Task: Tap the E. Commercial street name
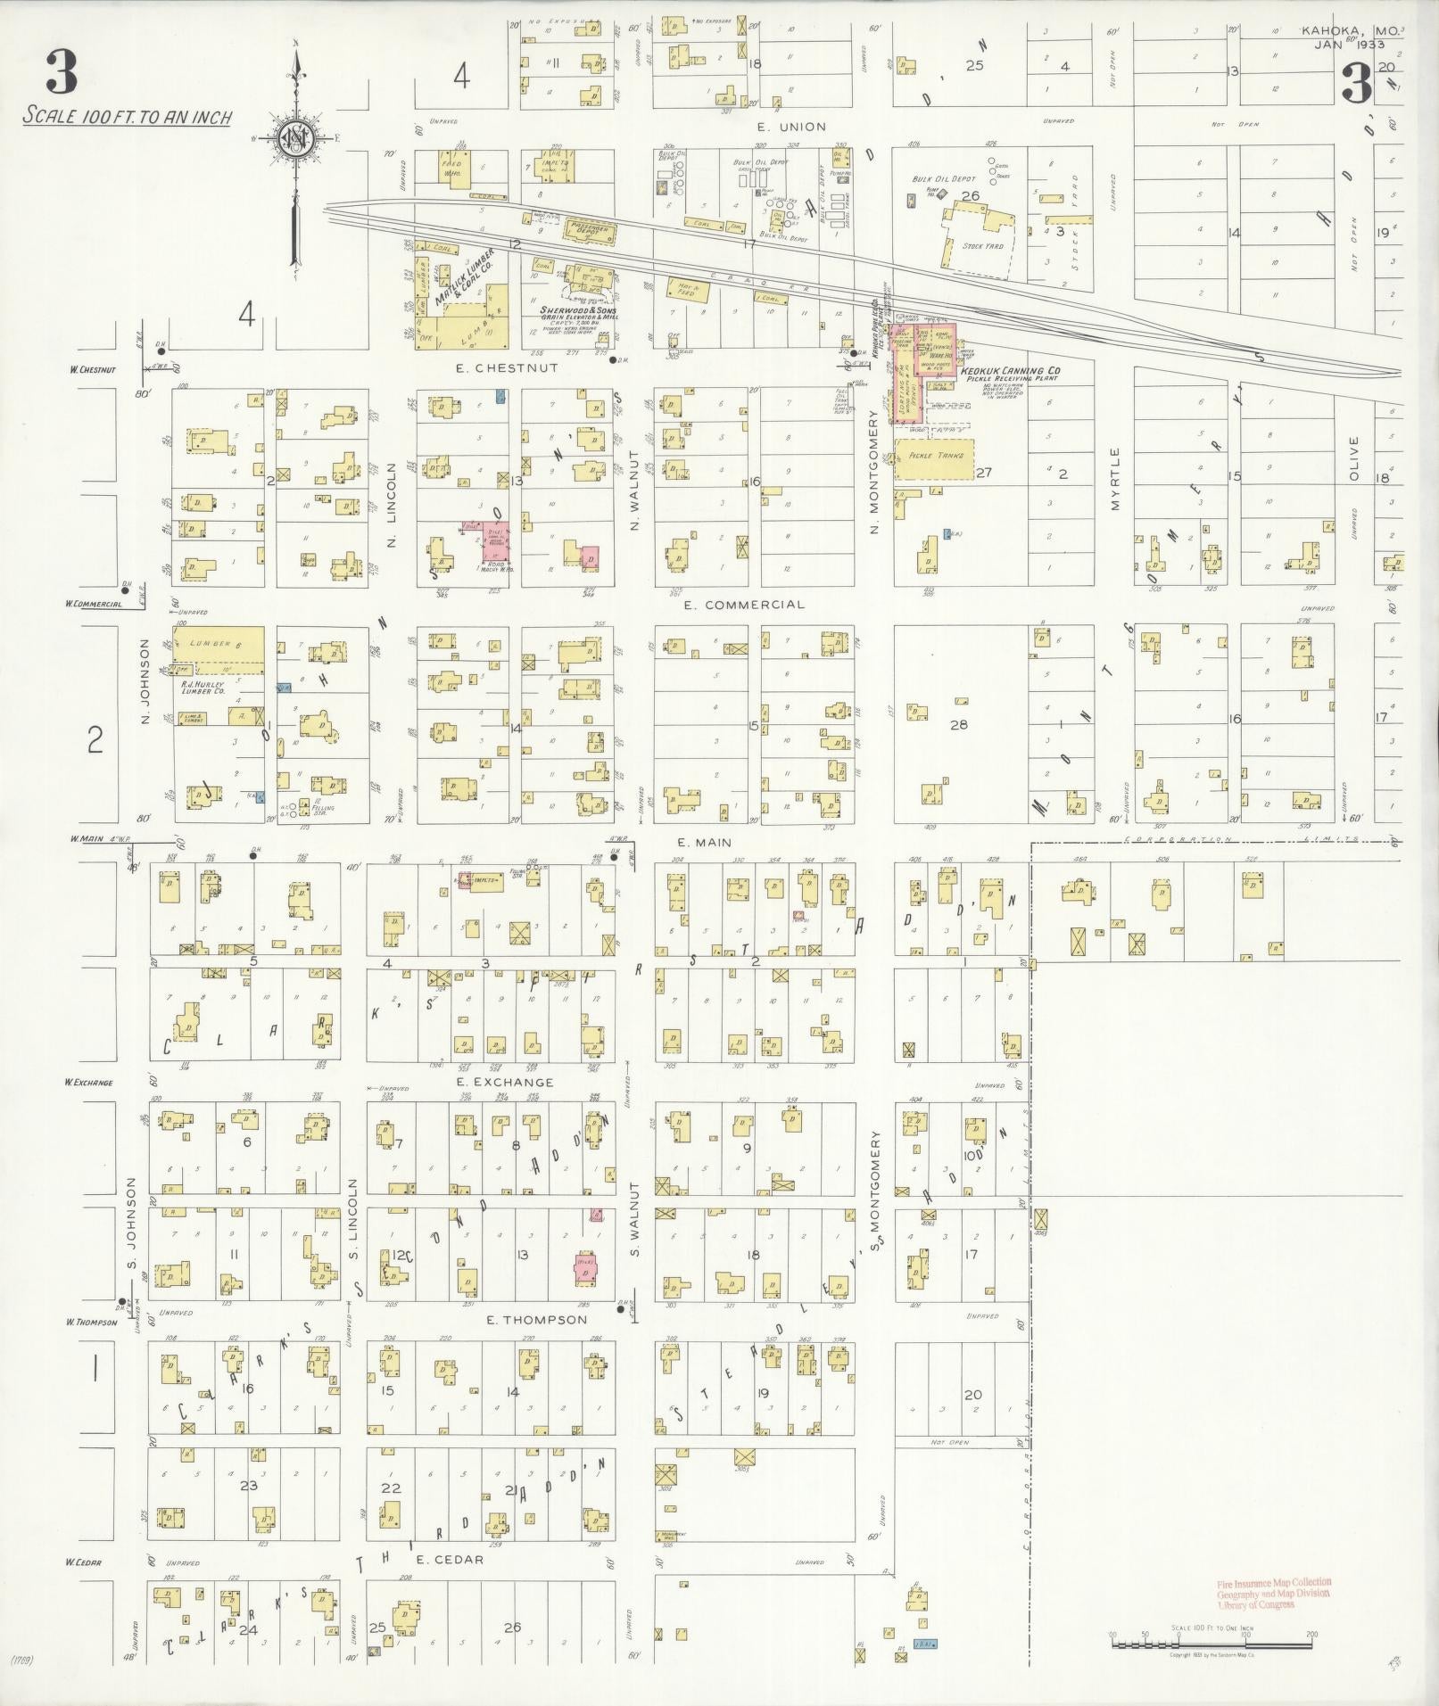743,605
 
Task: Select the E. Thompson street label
535,1320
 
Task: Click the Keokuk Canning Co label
1010,370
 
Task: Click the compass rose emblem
295,138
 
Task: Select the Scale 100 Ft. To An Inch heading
128,117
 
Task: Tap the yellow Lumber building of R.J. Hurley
218,643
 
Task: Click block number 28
958,725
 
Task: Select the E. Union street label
777,127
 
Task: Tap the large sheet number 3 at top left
61,71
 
